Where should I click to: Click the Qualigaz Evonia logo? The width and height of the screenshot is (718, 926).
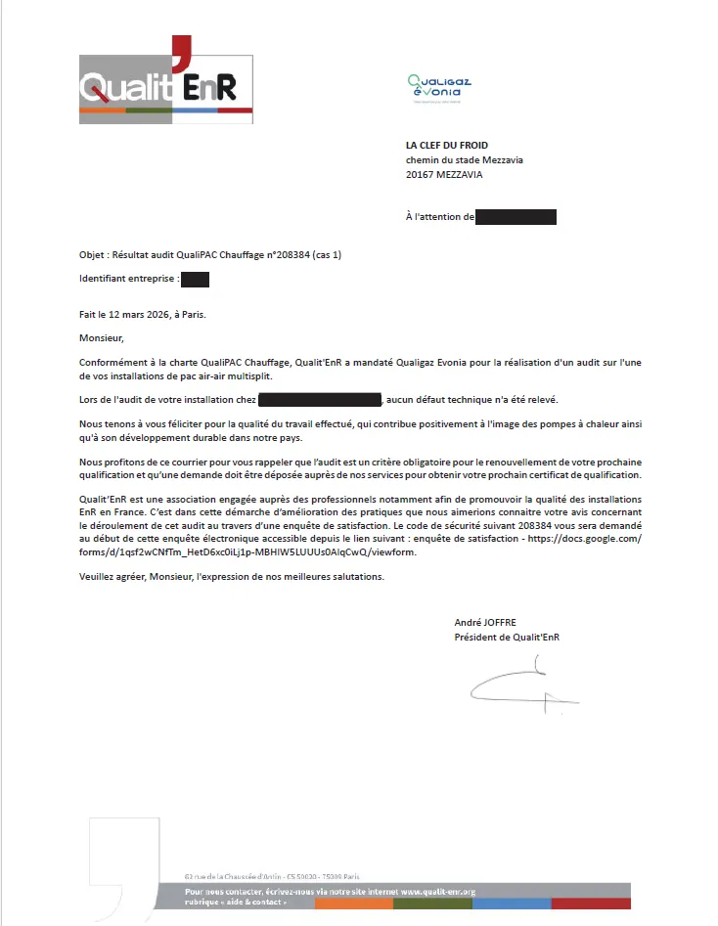439,87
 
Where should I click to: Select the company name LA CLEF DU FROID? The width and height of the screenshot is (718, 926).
447,146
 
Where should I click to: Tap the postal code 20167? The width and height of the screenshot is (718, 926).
420,175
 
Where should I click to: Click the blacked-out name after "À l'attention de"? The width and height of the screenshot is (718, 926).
516,217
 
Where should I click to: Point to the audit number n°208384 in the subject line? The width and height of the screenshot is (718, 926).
288,255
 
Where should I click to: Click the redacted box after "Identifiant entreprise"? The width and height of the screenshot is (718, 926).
196,280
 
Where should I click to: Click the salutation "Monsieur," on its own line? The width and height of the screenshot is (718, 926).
103,338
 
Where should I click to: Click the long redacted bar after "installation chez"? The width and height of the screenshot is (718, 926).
320,399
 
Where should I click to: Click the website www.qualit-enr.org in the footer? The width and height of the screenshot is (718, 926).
437,892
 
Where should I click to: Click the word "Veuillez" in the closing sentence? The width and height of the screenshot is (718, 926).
98,576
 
